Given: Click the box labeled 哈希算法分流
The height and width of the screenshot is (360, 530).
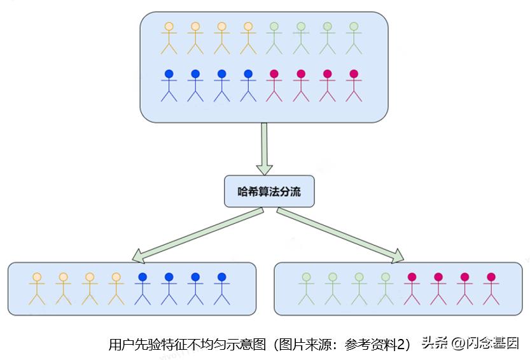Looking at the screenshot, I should pyautogui.click(x=269, y=191).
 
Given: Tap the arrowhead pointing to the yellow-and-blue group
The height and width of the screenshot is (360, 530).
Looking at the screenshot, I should pyautogui.click(x=139, y=256).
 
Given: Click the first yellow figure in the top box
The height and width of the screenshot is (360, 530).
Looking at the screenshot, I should pyautogui.click(x=169, y=38).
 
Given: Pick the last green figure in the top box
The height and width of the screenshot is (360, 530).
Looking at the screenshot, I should pyautogui.click(x=354, y=38).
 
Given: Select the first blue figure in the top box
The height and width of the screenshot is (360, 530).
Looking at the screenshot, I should pyautogui.click(x=169, y=85).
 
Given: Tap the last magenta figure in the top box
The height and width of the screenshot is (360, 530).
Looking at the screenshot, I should pyautogui.click(x=354, y=85).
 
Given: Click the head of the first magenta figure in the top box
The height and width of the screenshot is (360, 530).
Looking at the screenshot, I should pyautogui.click(x=274, y=74).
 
